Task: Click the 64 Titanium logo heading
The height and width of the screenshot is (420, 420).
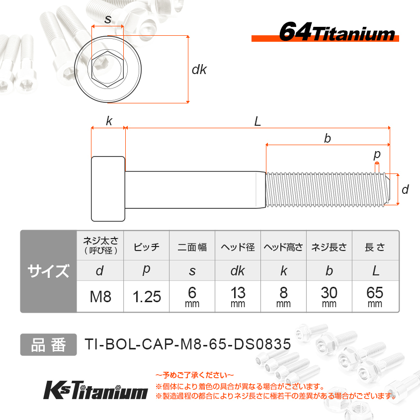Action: click(x=336, y=32)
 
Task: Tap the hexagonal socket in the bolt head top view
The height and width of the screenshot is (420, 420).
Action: click(x=107, y=69)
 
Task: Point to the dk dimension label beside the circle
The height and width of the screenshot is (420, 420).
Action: click(x=199, y=70)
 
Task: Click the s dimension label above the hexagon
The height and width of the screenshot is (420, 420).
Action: click(x=108, y=19)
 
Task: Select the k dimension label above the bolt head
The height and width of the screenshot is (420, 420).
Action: click(x=109, y=121)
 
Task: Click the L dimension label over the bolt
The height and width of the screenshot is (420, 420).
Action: click(x=257, y=121)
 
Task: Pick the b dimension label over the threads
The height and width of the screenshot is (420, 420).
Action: click(x=328, y=139)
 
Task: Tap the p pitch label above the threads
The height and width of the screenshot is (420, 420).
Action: click(x=377, y=155)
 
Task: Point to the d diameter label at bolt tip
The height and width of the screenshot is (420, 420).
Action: click(x=405, y=189)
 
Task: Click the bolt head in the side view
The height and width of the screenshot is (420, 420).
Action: click(x=108, y=189)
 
